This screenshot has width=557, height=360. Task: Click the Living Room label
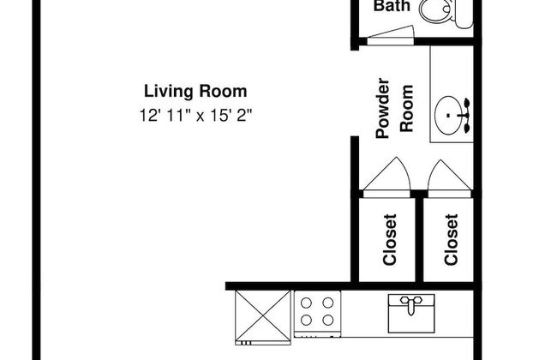tap(195, 92)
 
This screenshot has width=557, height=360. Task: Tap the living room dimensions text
tap(195, 116)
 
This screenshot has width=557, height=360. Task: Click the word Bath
tap(392, 6)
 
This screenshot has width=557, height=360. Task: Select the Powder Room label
tap(395, 108)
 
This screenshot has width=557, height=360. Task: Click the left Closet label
tap(390, 239)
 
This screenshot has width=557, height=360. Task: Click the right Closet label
tap(451, 239)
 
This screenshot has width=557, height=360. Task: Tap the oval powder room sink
tap(448, 115)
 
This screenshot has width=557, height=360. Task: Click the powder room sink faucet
tap(465, 116)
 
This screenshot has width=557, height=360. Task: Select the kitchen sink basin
tap(411, 314)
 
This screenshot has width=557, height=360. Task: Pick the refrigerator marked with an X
tap(263, 317)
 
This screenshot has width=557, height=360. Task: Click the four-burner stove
tap(318, 314)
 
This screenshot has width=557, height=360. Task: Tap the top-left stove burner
tap(306, 303)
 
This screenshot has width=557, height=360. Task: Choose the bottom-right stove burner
tap(328, 321)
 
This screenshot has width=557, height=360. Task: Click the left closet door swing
tap(386, 177)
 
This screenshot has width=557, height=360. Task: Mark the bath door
tap(391, 35)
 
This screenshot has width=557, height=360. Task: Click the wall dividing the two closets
tap(419, 239)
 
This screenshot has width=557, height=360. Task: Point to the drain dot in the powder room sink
tap(448, 115)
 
